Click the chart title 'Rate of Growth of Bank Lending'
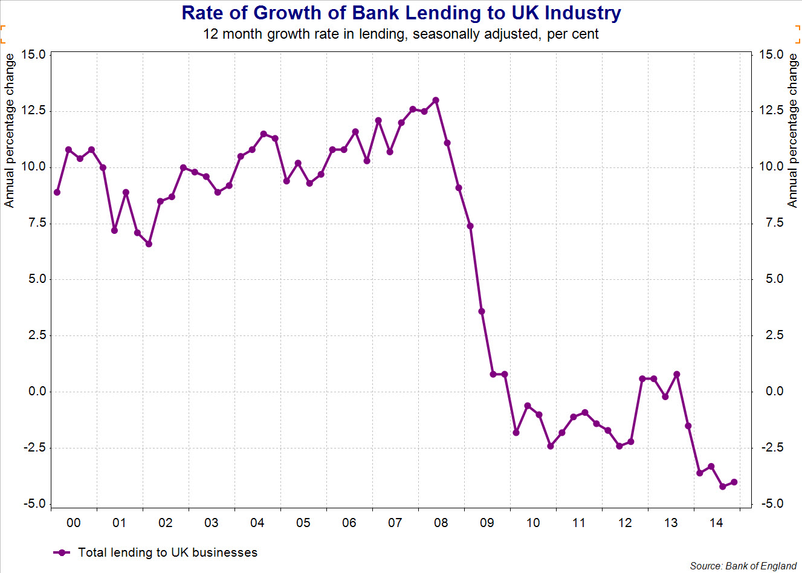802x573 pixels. tap(401, 13)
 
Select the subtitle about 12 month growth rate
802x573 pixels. tap(401, 34)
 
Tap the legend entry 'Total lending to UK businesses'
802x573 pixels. tap(167, 552)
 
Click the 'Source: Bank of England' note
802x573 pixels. tap(743, 566)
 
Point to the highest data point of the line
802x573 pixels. tap(436, 100)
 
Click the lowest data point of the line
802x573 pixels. tap(723, 487)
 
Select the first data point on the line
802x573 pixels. tap(57, 192)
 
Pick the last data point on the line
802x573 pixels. tap(734, 482)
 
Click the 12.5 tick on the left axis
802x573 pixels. tap(33, 111)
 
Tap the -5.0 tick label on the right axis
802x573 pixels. tap(771, 504)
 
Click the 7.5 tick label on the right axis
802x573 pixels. tap(771, 223)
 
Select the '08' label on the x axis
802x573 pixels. tap(441, 523)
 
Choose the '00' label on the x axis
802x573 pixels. tap(73, 523)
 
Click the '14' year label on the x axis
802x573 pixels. tap(716, 523)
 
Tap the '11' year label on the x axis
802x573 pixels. tap(578, 523)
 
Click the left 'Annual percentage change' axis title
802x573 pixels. tap(9, 131)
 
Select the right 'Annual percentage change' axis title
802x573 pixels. tap(792, 131)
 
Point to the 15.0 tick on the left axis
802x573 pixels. tap(33, 54)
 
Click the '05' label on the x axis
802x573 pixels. tap(303, 523)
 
